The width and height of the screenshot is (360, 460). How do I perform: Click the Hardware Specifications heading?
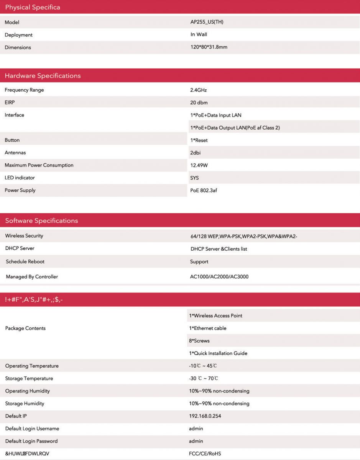tap(43, 76)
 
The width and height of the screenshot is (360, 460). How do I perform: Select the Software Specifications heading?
tap(41, 220)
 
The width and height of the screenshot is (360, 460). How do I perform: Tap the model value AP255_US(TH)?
tap(207, 22)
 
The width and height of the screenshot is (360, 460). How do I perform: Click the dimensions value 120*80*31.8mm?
tap(209, 47)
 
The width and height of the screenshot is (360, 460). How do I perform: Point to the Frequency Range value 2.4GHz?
tap(198, 90)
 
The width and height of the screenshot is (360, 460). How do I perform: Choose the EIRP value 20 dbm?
tap(199, 103)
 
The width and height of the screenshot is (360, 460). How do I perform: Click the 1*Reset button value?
tap(199, 140)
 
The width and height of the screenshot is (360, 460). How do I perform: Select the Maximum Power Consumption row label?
tap(39, 165)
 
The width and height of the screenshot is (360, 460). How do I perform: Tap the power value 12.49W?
tap(199, 165)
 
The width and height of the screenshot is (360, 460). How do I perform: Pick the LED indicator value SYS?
tap(194, 178)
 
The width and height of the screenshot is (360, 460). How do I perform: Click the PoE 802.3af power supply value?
tap(204, 191)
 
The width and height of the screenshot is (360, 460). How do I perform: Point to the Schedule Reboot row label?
tap(25, 261)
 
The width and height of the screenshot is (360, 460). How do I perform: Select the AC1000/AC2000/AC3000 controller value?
tap(219, 276)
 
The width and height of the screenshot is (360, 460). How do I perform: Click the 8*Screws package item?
tap(199, 341)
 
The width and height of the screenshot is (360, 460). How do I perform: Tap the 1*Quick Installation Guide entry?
tap(218, 353)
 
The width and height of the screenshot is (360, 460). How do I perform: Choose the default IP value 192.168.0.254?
tap(205, 416)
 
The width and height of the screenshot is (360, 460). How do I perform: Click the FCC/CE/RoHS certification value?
tap(205, 453)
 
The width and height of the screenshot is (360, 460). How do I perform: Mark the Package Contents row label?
tap(25, 328)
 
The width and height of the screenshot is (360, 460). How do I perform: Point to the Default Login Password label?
tap(31, 441)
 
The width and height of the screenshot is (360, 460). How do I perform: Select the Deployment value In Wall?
tap(199, 34)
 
